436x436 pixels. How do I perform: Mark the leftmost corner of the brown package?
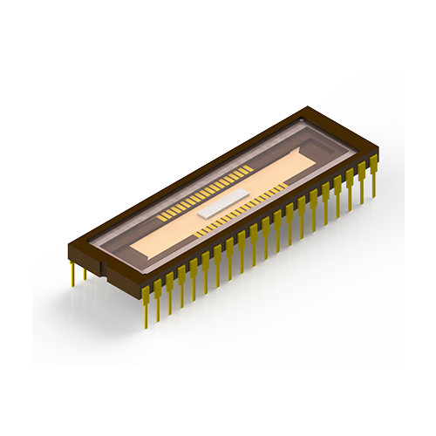tap(69, 236)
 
